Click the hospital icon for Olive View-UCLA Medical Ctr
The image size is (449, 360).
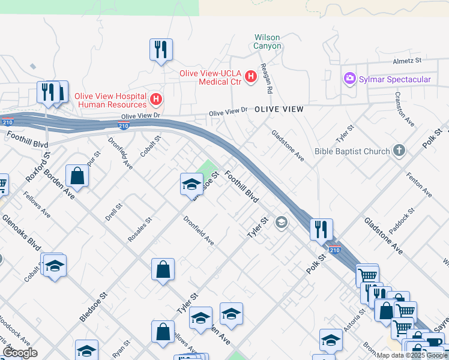pyautogui.click(x=251, y=77)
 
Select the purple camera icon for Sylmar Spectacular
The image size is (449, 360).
pyautogui.click(x=349, y=79)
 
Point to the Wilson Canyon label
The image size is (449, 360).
pyautogui.click(x=267, y=41)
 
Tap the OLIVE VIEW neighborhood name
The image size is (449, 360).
pyautogui.click(x=279, y=109)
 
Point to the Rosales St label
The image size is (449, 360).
pyautogui.click(x=140, y=230)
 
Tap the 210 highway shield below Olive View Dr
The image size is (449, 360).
pyautogui.click(x=123, y=126)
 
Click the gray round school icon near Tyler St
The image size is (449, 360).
pyautogui.click(x=280, y=223)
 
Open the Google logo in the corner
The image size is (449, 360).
pyautogui.click(x=20, y=353)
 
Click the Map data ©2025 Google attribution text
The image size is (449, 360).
pyautogui.click(x=411, y=355)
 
